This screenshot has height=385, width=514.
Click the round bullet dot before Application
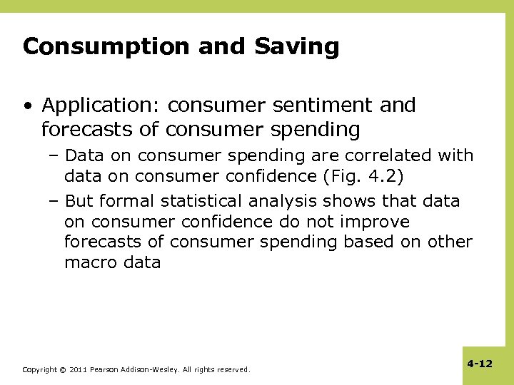pyautogui.click(x=27, y=106)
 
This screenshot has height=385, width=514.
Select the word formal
pyautogui.click(x=132, y=202)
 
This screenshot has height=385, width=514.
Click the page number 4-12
pyautogui.click(x=480, y=364)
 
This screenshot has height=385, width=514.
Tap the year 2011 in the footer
pyautogui.click(x=79, y=370)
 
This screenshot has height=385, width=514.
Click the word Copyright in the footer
pyautogui.click(x=39, y=370)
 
